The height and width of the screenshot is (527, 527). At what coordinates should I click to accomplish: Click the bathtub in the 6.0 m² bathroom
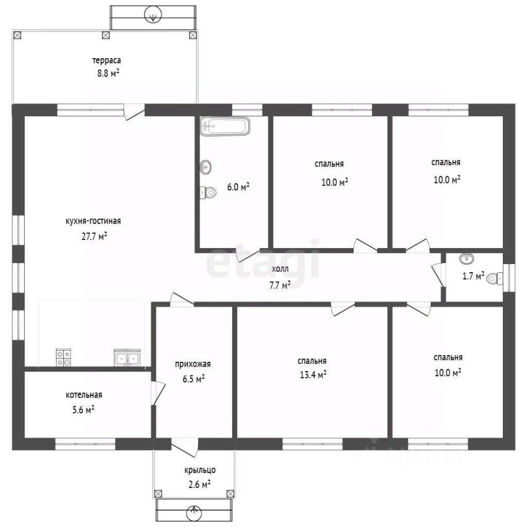[225, 126]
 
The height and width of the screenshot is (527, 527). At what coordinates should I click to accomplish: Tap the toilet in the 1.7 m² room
[495, 278]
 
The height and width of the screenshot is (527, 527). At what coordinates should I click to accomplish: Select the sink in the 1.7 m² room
[467, 259]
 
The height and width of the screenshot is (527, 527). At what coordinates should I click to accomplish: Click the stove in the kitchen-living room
[64, 357]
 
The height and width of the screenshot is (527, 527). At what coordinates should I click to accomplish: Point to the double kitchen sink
[127, 357]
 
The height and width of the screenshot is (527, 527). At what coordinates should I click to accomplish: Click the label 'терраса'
[107, 60]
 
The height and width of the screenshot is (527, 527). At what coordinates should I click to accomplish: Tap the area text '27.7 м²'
[94, 236]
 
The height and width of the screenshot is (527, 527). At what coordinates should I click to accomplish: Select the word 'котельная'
[84, 395]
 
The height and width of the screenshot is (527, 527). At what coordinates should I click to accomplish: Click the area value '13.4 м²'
[313, 374]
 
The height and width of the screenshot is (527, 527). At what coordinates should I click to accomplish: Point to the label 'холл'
[280, 269]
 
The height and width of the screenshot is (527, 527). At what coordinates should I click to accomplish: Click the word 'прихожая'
[193, 364]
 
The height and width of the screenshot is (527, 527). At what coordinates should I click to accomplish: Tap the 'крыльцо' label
[200, 470]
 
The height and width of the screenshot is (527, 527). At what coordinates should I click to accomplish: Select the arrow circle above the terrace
[153, 15]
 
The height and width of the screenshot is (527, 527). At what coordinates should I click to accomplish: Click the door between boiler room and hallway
[158, 393]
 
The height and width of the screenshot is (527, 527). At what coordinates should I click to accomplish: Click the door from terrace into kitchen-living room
[134, 111]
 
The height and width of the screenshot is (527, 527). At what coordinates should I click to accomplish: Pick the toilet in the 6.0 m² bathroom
[208, 193]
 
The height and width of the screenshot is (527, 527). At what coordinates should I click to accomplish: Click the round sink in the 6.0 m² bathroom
[206, 167]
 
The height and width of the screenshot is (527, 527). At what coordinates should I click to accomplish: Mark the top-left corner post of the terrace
[18, 35]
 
